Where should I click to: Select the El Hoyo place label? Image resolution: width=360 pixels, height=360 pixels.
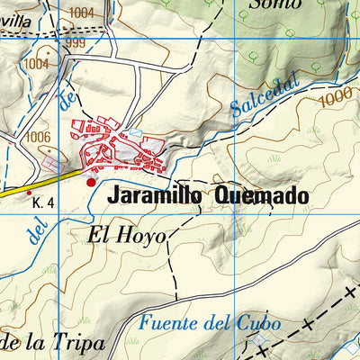tap(128, 237)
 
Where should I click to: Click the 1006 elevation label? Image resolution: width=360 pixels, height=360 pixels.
tap(39, 137)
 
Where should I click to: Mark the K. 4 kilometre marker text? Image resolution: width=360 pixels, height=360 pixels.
tap(43, 203)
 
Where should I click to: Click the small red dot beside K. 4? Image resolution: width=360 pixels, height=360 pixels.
tap(29, 192)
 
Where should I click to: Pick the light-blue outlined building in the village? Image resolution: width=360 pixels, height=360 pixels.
tap(135, 133)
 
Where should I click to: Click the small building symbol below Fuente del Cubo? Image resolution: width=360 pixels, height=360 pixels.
tap(258, 342)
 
